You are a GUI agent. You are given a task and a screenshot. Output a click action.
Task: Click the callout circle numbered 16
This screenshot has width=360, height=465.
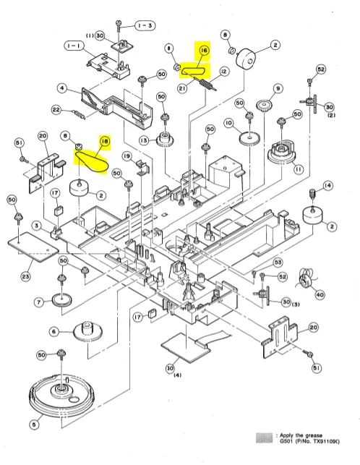click(204, 51)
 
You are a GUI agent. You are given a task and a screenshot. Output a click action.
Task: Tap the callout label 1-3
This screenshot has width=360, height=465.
click(145, 25)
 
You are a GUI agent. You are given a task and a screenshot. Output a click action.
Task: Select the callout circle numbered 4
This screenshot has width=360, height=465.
click(63, 89)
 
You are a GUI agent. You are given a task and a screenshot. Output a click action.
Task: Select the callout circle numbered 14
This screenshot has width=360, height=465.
click(328, 186)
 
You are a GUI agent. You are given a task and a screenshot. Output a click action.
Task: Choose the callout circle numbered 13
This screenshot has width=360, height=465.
click(143, 140)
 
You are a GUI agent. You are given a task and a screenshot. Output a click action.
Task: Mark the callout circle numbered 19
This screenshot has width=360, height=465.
click(125, 155)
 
